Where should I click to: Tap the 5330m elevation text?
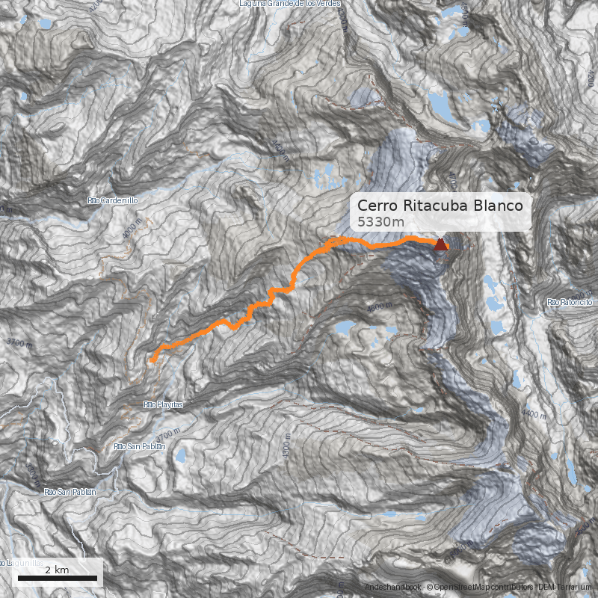click(380, 222)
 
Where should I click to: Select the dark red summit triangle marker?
click(441, 244)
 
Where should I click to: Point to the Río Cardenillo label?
click(113, 200)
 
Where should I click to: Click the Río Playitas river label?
click(163, 404)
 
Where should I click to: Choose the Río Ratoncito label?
click(570, 302)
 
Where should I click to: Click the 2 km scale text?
click(57, 570)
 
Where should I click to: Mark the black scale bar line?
click(58, 579)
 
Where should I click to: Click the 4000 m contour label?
click(132, 228)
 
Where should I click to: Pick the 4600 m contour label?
click(379, 307)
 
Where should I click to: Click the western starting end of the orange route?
click(152, 360)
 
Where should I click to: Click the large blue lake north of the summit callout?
click(442, 108)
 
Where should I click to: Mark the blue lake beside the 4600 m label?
click(345, 327)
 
